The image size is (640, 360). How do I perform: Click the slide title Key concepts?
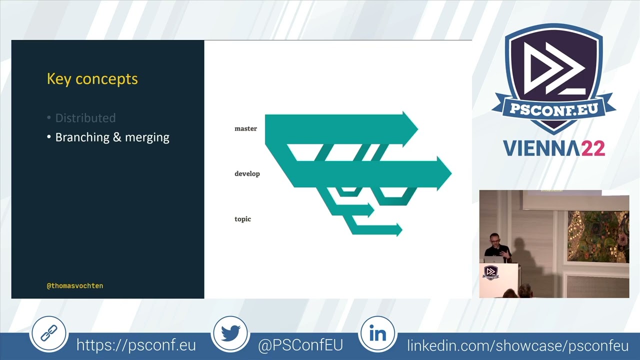tap(92, 79)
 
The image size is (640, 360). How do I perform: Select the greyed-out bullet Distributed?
tap(85, 118)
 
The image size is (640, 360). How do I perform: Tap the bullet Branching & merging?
tap(112, 137)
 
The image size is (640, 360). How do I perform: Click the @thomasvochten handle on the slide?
tap(75, 286)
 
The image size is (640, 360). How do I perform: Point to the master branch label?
tap(245, 128)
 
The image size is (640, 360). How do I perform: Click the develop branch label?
tap(247, 173)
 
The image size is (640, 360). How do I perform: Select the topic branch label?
tap(242, 219)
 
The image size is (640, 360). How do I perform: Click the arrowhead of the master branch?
tap(410, 129)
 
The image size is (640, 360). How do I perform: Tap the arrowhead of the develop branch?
tap(444, 173)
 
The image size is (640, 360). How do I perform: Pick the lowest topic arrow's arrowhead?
tap(399, 229)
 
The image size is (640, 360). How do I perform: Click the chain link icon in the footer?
tap(48, 333)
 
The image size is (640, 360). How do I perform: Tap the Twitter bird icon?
tap(230, 333)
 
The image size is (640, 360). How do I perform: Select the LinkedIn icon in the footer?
tap(377, 333)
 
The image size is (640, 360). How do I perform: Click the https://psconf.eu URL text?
tap(136, 345)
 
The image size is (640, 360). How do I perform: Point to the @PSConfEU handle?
tap(300, 345)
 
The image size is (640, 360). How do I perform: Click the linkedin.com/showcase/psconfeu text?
tap(517, 345)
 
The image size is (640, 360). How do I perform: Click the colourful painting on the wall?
tap(597, 235)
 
